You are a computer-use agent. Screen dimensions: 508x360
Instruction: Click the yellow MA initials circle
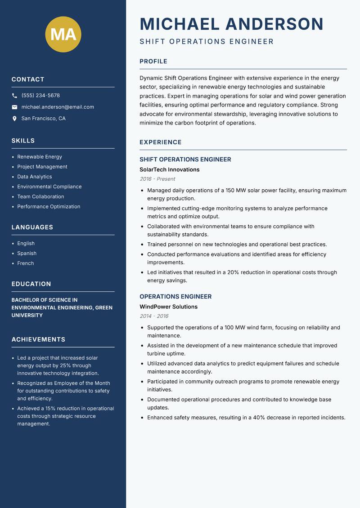(63, 34)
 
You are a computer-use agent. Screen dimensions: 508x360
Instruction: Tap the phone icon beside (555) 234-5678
(14, 96)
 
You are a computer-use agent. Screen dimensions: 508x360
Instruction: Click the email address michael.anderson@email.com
(58, 107)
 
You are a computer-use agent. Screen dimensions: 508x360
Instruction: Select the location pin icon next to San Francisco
(14, 119)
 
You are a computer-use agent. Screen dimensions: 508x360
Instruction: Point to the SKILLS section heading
(23, 141)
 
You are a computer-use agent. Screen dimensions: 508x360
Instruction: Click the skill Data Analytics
(35, 177)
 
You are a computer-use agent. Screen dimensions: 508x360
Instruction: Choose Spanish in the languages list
(27, 253)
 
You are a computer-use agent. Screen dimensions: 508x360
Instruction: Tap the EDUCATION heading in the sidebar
(31, 284)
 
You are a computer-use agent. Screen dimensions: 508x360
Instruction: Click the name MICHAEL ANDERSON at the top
(231, 24)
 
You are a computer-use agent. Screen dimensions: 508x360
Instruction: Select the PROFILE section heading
(153, 62)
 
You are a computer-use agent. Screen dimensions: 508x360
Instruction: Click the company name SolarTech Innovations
(169, 169)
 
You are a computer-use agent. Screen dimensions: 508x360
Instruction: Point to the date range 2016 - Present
(157, 179)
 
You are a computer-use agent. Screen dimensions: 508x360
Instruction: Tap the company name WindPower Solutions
(168, 307)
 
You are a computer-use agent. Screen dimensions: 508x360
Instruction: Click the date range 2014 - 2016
(154, 316)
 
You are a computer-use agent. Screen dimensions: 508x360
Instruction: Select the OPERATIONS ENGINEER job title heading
(175, 297)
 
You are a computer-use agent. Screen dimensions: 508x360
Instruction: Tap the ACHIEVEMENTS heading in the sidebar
(38, 339)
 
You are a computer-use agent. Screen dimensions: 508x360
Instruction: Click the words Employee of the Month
(79, 383)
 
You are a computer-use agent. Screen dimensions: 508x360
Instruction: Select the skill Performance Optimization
(49, 207)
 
